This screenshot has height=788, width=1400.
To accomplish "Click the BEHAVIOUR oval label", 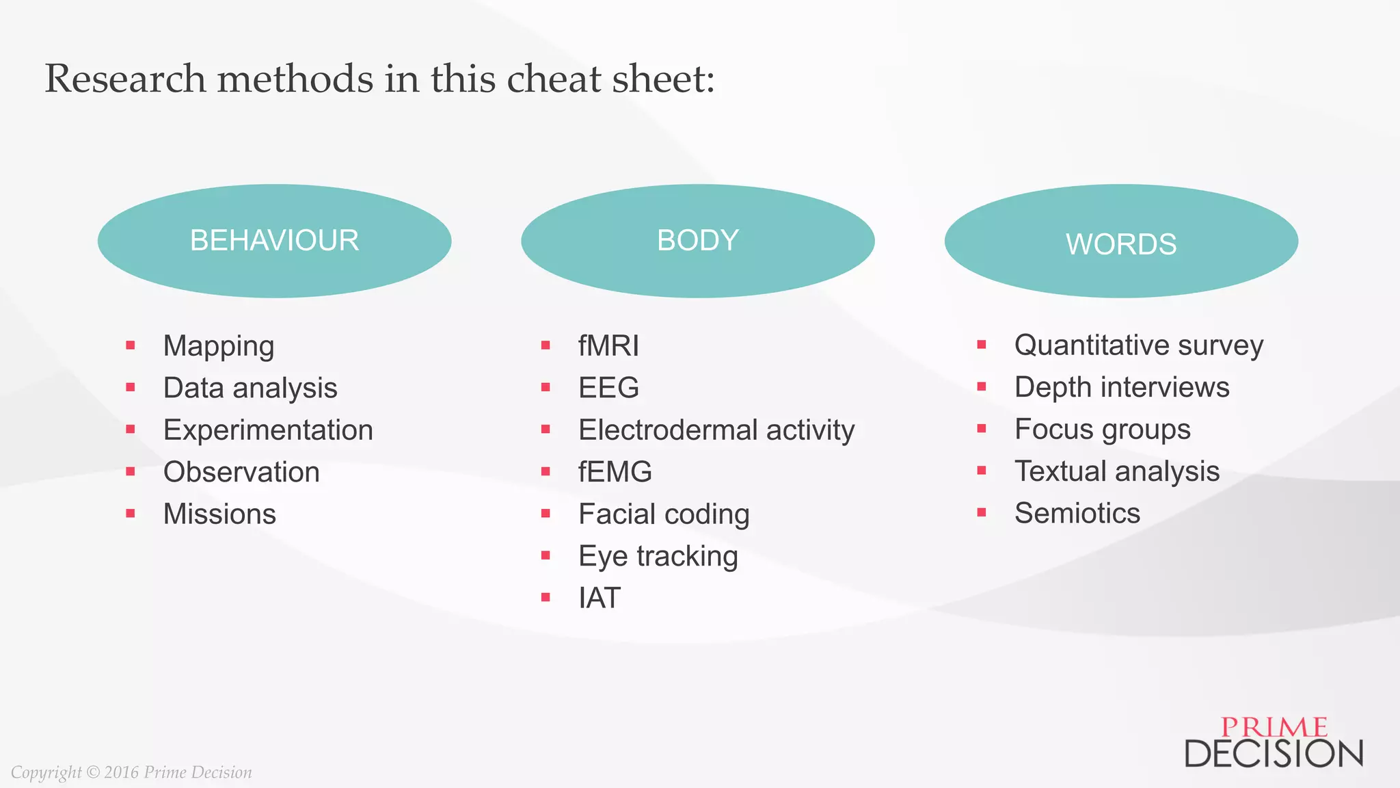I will [x=274, y=241].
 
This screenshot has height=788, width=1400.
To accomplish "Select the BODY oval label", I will [x=697, y=241].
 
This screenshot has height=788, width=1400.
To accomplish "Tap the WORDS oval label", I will [x=1121, y=244].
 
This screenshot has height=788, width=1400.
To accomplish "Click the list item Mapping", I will [x=219, y=346].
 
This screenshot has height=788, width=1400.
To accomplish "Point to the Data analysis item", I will [x=250, y=389].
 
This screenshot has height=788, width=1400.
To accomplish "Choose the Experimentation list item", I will [x=268, y=430].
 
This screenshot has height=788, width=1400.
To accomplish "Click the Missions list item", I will [x=219, y=514].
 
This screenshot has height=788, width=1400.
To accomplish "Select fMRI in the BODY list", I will [x=608, y=346].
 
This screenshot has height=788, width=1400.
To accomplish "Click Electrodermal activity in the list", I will [x=716, y=430].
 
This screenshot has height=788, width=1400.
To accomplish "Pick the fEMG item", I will [x=615, y=472].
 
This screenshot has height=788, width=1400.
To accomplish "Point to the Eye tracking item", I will [x=658, y=556].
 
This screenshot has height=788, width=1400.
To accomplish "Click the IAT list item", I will [x=600, y=599].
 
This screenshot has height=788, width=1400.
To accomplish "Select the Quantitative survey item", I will [x=1139, y=345].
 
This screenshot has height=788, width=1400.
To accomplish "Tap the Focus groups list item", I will [x=1102, y=430].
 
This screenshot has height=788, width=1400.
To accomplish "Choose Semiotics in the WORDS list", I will [x=1077, y=514].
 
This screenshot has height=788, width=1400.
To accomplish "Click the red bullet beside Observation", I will [x=131, y=471].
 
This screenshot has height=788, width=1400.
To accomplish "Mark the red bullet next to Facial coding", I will [x=546, y=514].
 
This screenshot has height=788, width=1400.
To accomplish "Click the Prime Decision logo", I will [x=1274, y=743].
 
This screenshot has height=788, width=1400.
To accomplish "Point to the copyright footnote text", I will [x=131, y=772].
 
